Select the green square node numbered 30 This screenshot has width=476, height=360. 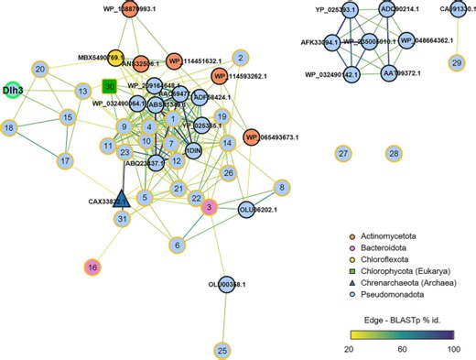pyautogui.click(x=109, y=86)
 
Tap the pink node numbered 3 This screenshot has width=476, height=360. pyautogui.click(x=209, y=208)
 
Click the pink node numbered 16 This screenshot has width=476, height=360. pyautogui.click(x=92, y=267)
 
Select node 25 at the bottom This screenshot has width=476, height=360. pyautogui.click(x=222, y=350)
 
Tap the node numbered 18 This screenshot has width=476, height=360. pyautogui.click(x=9, y=127)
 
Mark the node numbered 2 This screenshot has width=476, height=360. pyautogui.click(x=242, y=57)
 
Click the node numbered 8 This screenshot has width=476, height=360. pyautogui.click(x=284, y=188)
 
